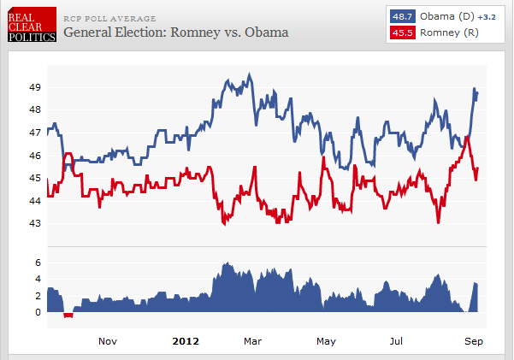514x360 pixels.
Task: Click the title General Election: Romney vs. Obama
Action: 175,33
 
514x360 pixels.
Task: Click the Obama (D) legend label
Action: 446,16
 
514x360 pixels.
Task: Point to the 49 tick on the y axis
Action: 36,87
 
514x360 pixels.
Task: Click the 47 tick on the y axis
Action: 36,133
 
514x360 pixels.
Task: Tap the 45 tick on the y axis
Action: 36,178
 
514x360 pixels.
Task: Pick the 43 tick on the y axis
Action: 36,224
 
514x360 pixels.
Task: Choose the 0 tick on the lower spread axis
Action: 38,312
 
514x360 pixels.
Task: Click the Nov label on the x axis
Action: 108,341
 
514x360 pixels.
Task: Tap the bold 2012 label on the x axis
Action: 186,341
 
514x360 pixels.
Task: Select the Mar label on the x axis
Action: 252,341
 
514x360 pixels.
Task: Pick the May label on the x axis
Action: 326,341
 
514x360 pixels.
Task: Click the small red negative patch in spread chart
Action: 68,316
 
